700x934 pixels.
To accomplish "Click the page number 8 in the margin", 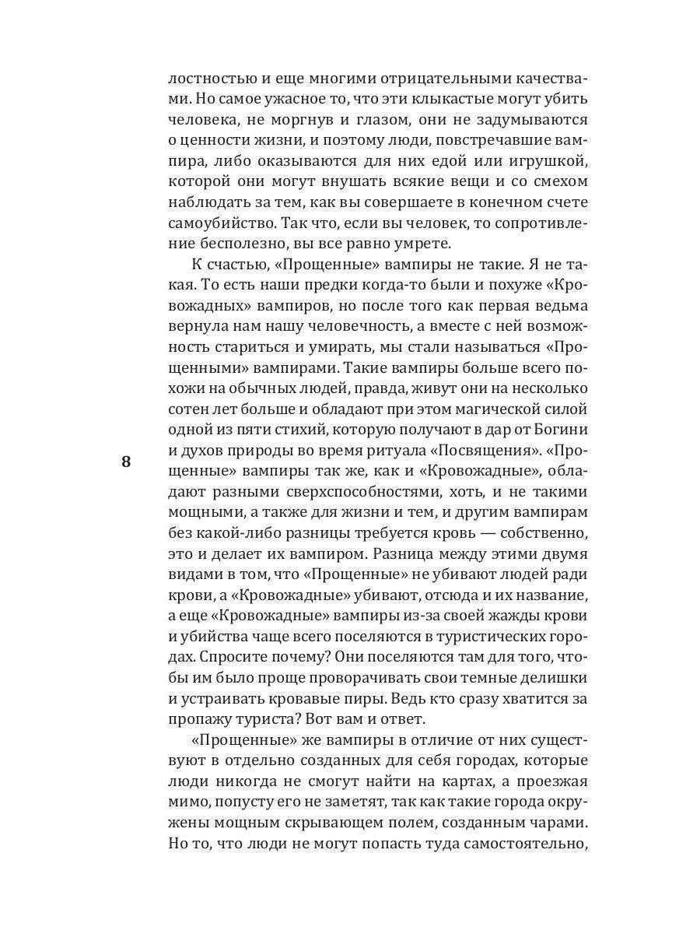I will coord(126,461).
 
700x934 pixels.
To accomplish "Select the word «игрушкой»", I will coord(551,160).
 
